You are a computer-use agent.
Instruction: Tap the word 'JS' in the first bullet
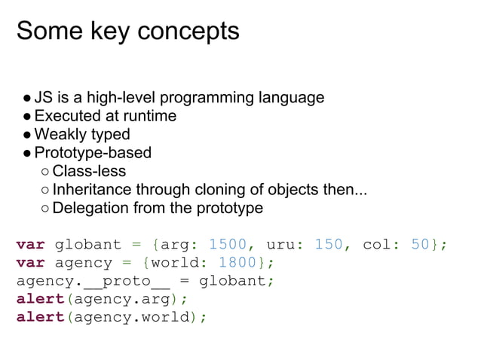click(43, 98)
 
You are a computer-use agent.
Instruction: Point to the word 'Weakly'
click(61, 135)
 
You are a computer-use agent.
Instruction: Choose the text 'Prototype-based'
click(93, 153)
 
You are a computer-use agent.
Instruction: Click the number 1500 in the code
click(227, 245)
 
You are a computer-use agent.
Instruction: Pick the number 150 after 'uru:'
click(328, 245)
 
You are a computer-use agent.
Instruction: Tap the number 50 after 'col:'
click(421, 245)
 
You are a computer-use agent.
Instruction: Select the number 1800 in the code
click(237, 263)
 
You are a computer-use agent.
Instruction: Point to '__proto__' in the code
click(127, 281)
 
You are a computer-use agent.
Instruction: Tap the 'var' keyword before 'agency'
click(30, 263)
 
